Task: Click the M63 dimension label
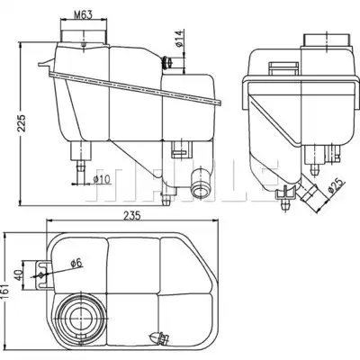click(x=83, y=14)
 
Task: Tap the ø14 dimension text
click(x=179, y=39)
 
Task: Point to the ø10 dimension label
click(x=102, y=180)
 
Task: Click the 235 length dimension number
click(x=131, y=216)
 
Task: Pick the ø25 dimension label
click(x=337, y=186)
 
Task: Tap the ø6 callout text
click(x=76, y=263)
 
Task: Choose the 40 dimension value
click(x=19, y=274)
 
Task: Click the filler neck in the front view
click(x=84, y=36)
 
